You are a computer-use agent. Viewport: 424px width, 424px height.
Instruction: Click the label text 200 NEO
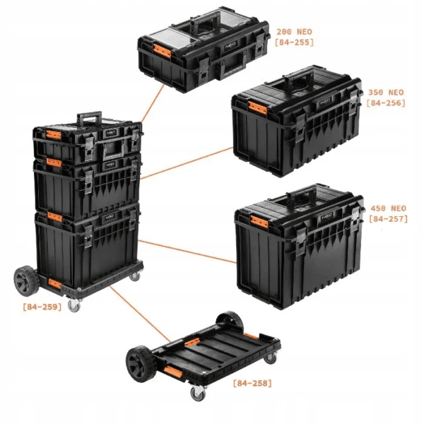(x=294, y=32)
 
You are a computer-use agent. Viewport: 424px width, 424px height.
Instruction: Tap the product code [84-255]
(x=294, y=42)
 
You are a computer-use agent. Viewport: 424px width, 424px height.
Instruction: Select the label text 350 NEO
(x=386, y=93)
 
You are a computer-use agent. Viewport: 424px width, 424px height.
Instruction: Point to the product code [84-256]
(x=386, y=103)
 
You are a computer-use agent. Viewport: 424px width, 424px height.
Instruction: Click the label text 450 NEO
(x=388, y=208)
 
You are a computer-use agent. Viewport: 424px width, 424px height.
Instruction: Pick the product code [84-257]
(x=388, y=219)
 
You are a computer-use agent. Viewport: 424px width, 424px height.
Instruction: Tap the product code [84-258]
(x=252, y=383)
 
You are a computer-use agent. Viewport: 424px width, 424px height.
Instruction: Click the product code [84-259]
(x=42, y=307)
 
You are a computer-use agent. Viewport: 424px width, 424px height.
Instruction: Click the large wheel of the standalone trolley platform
(x=141, y=365)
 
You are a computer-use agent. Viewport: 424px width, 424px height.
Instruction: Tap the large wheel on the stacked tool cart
(x=26, y=281)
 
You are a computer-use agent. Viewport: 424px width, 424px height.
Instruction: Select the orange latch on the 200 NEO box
(x=163, y=51)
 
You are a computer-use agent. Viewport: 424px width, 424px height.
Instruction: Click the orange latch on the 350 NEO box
(x=258, y=108)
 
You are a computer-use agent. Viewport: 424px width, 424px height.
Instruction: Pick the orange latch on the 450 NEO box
(x=259, y=222)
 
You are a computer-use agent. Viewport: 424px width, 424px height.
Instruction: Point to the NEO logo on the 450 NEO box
(x=326, y=217)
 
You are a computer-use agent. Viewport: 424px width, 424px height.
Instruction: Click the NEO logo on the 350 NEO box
(x=325, y=102)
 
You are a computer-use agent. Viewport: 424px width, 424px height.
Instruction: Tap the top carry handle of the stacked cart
(x=89, y=117)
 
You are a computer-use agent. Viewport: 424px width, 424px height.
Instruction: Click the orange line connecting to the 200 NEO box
(x=153, y=103)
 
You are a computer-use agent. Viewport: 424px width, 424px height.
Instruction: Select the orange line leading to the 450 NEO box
(x=187, y=251)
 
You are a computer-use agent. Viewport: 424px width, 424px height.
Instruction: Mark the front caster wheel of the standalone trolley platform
(x=198, y=393)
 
